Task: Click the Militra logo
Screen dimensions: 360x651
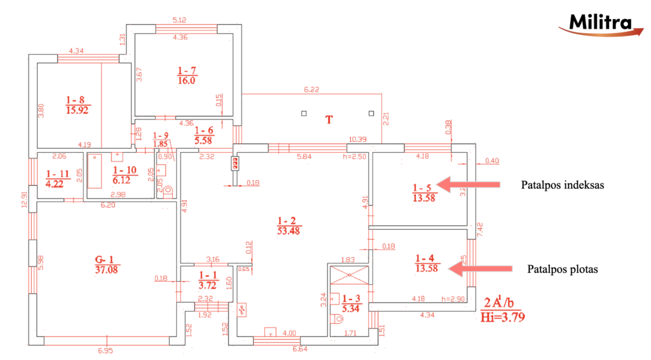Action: pos(597,24)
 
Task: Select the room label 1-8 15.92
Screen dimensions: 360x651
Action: pos(76,104)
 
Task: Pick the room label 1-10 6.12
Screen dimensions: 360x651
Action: pos(124,175)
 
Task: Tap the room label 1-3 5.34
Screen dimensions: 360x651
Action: pos(351,303)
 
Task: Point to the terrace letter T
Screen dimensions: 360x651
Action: pos(329,120)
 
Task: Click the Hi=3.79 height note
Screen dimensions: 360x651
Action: pos(504,315)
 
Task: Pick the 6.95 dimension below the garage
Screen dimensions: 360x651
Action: pos(106,351)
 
